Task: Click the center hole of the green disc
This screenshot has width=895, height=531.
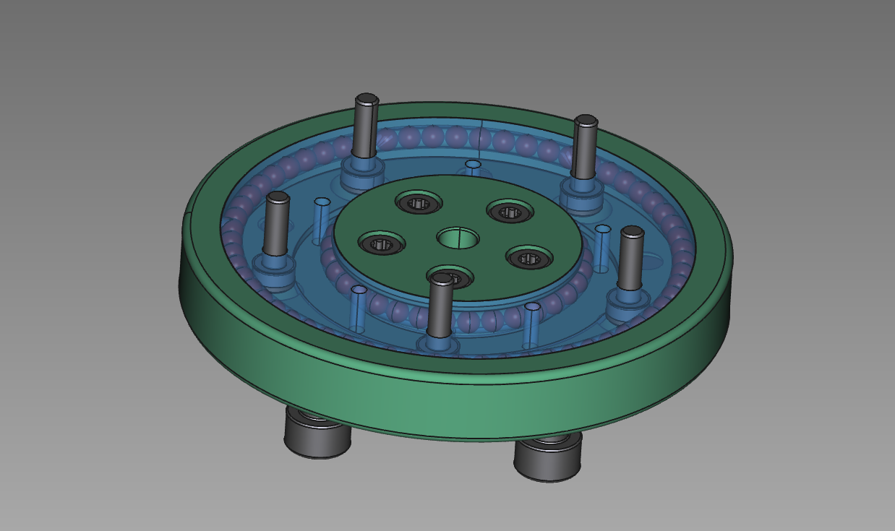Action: tap(458, 237)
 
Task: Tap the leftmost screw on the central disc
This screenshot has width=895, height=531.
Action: tap(381, 244)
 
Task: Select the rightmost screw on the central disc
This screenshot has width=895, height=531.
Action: tap(528, 258)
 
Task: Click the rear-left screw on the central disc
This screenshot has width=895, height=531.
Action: tap(419, 203)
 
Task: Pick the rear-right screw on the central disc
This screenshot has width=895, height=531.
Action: tap(510, 212)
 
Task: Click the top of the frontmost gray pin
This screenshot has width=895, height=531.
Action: tap(441, 280)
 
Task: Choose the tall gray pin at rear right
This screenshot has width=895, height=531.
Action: tap(584, 147)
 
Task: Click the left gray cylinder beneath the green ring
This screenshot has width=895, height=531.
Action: tap(317, 434)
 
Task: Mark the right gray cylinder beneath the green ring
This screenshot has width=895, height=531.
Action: tap(547, 457)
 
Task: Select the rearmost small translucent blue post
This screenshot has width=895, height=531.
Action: tap(473, 168)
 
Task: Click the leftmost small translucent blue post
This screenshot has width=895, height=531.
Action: tap(321, 221)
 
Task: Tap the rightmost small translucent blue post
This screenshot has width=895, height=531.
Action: tap(601, 249)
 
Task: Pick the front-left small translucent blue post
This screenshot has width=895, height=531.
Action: tap(358, 308)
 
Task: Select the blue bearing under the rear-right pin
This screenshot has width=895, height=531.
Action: tap(581, 193)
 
